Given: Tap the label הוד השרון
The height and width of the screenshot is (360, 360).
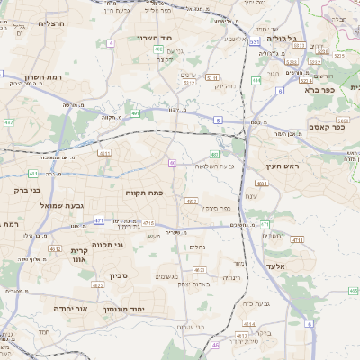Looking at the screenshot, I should pyautogui.click(x=155, y=39).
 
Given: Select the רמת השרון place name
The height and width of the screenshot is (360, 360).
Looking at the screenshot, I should pyautogui.click(x=42, y=78).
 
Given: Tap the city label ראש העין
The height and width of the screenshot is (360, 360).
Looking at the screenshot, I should pyautogui.click(x=280, y=166).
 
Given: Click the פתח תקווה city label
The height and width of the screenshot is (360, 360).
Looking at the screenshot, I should pyautogui.click(x=142, y=193).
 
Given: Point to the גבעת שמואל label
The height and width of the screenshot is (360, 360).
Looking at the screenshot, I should pyautogui.click(x=61, y=206).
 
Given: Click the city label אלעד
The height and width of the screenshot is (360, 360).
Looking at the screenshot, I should pyautogui.click(x=275, y=266).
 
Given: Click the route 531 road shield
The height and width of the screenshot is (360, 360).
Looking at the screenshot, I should pyautogui.click(x=255, y=41).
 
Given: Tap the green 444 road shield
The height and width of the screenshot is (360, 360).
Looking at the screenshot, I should pyautogui.click(x=256, y=80).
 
